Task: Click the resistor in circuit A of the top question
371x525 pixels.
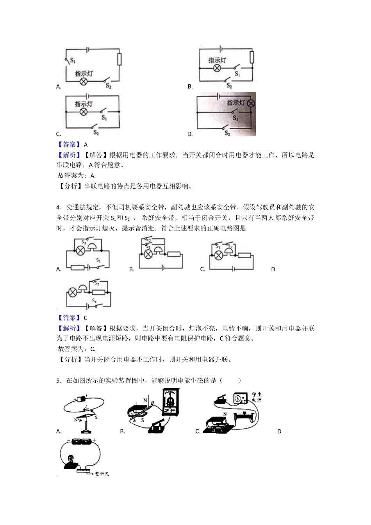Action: click(x=120, y=59)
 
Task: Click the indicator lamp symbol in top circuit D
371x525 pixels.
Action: click(x=251, y=103)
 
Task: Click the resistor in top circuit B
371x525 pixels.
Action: click(x=252, y=57)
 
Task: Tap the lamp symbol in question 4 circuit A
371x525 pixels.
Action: click(x=80, y=251)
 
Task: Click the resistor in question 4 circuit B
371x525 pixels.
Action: click(x=174, y=255)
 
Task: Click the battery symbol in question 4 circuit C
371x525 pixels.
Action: click(x=233, y=269)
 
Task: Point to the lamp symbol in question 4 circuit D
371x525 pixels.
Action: click(x=73, y=292)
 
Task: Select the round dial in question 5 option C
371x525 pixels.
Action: click(x=239, y=399)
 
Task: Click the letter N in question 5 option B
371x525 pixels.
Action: click(x=145, y=400)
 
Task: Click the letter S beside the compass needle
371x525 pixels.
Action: click(x=96, y=418)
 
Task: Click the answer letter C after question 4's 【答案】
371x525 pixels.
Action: click(x=86, y=318)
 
